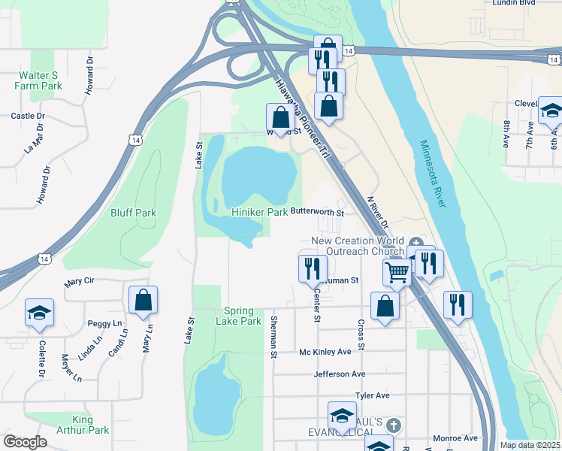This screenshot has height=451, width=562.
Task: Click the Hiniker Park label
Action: coord(259,213)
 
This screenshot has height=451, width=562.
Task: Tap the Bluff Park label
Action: coord(134,213)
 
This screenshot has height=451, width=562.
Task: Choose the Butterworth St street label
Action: coord(316,213)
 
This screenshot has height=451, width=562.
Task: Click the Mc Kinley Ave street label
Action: coord(325,352)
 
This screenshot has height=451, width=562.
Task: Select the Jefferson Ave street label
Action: coord(340,374)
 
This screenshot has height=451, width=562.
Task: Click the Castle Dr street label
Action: coord(28,117)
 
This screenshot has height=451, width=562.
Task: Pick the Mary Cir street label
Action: coord(79,282)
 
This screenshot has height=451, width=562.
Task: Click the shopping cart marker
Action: coord(397,271)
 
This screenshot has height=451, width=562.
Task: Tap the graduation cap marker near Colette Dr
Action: coord(39,312)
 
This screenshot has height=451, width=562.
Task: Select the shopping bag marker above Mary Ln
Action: coord(143,299)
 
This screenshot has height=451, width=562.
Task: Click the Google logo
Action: coord(25,442)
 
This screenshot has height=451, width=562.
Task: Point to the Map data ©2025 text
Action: coord(530,445)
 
